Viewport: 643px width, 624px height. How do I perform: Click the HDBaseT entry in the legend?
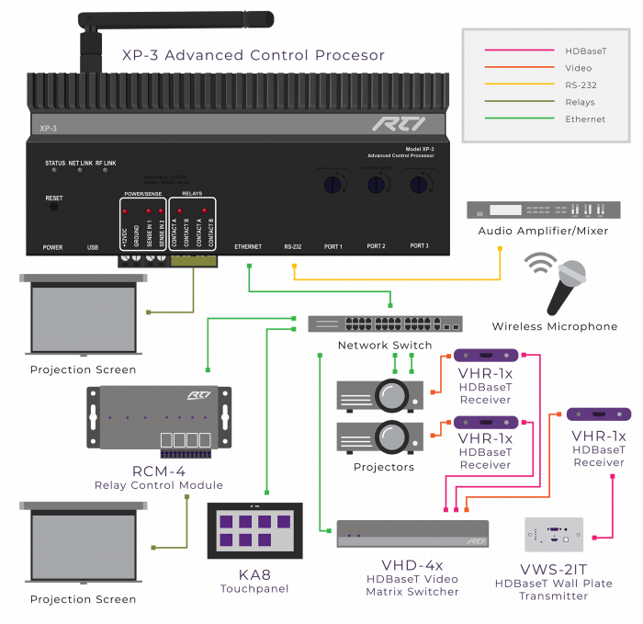click(585, 51)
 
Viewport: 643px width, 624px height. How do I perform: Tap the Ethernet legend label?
click(585, 119)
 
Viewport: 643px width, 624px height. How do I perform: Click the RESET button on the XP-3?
click(53, 207)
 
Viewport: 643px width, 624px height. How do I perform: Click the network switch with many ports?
click(385, 323)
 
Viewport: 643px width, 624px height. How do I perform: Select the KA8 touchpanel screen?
click(254, 531)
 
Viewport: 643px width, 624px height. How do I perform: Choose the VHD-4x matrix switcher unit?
click(412, 534)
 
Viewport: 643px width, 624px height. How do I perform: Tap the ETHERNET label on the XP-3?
click(248, 247)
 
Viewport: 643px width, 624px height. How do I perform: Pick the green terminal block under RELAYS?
click(194, 262)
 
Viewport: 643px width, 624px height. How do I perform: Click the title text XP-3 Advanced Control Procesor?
click(253, 56)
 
